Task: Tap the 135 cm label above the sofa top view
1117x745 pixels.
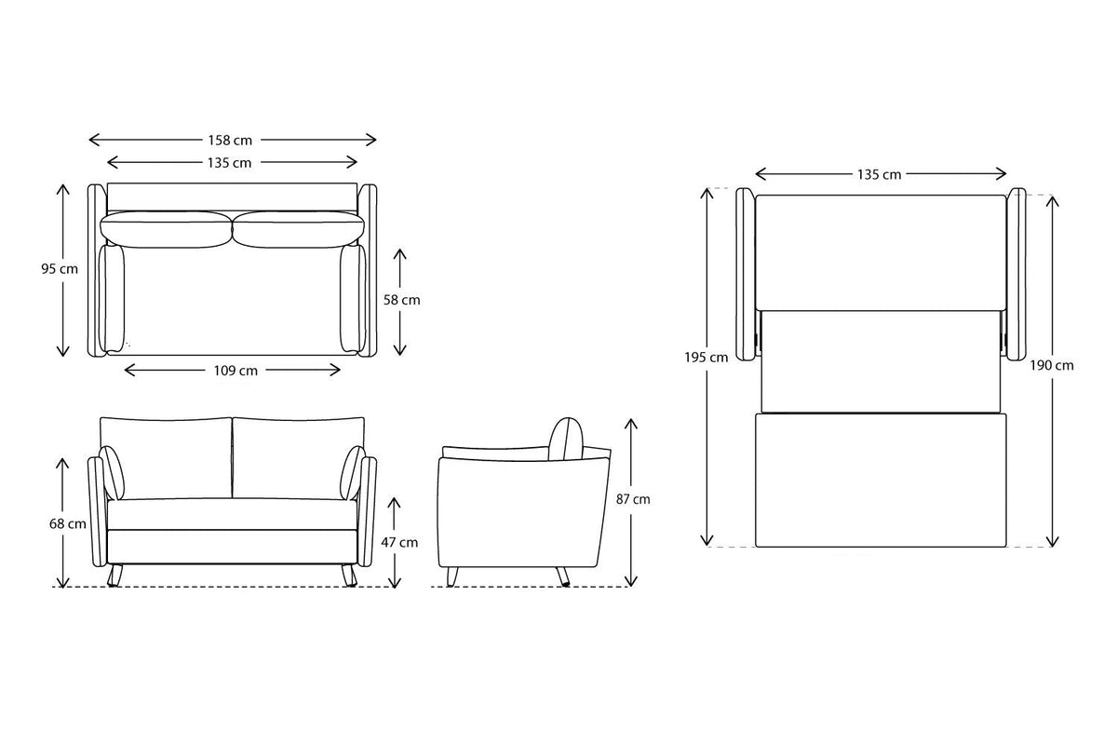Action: pyautogui.click(x=229, y=163)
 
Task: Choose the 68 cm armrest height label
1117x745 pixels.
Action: pyautogui.click(x=68, y=523)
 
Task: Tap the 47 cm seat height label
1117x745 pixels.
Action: pyautogui.click(x=402, y=542)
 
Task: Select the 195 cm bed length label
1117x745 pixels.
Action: pyautogui.click(x=715, y=358)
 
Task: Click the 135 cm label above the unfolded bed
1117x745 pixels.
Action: pyautogui.click(x=879, y=174)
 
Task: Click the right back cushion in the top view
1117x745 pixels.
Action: pyautogui.click(x=298, y=229)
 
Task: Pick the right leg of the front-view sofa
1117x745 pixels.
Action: pyautogui.click(x=349, y=576)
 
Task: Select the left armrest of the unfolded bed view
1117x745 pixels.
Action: pyautogui.click(x=745, y=274)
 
